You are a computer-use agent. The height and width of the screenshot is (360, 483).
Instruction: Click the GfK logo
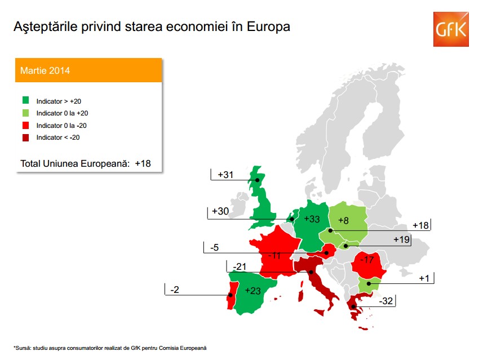click(451, 29)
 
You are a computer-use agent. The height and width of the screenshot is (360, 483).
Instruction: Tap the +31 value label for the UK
click(225, 175)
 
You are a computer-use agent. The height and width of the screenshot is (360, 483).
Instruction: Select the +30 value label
click(220, 211)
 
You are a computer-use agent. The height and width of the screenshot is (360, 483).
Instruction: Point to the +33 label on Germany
click(312, 219)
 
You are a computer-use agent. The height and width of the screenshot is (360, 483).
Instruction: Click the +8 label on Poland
click(343, 220)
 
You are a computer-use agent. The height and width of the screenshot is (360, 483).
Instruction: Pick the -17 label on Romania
click(367, 260)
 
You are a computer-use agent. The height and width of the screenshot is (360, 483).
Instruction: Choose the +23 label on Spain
click(252, 291)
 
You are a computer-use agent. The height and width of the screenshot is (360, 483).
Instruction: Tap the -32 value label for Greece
click(385, 301)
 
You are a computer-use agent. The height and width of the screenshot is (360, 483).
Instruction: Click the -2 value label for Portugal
click(175, 290)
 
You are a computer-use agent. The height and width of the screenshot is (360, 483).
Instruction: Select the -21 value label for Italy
click(240, 266)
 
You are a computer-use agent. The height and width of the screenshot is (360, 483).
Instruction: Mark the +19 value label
click(401, 239)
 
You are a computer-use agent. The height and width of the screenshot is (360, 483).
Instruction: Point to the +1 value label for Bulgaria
click(424, 278)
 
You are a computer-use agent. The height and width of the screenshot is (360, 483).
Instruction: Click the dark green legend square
click(25, 100)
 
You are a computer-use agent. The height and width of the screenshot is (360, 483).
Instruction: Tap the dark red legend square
click(25, 137)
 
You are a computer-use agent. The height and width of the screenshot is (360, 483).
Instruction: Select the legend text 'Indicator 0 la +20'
click(62, 113)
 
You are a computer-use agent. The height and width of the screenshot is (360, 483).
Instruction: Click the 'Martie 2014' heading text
click(45, 70)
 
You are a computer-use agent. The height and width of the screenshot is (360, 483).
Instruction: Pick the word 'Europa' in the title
click(268, 26)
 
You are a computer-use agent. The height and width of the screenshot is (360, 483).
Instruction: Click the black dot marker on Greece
click(353, 306)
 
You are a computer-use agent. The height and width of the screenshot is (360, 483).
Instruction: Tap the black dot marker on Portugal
click(230, 295)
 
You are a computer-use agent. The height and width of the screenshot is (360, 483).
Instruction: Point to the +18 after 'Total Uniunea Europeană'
click(143, 163)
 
